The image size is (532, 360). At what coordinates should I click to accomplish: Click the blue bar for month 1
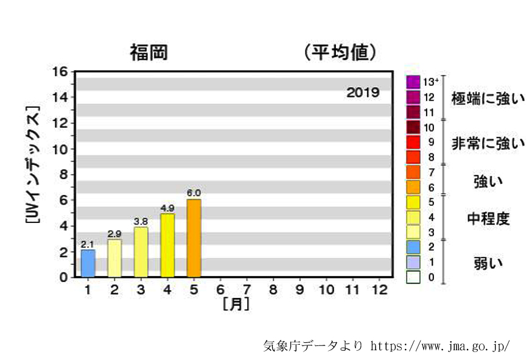pyautogui.click(x=88, y=263)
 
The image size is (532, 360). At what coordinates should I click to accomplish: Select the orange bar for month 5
pyautogui.click(x=194, y=238)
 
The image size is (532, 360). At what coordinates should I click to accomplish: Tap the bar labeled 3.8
pyautogui.click(x=141, y=252)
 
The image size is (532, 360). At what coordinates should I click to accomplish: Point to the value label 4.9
pyautogui.click(x=167, y=208)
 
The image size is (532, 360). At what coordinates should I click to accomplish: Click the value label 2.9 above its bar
pyautogui.click(x=114, y=234)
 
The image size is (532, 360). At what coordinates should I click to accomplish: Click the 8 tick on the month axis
pyautogui.click(x=273, y=289)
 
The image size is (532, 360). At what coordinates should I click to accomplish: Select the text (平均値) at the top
pyautogui.click(x=339, y=52)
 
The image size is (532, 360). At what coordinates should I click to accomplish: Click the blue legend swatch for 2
pyautogui.click(x=413, y=247)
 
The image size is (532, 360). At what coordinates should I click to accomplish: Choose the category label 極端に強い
pyautogui.click(x=488, y=98)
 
